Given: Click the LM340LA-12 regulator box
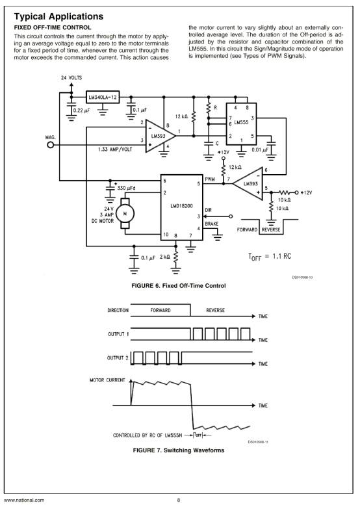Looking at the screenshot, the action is (103, 97).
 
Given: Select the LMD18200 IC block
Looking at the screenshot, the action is (181, 207).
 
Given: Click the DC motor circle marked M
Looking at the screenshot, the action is (125, 214).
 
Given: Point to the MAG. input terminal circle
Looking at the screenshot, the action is (51, 144).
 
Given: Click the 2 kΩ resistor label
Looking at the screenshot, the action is (165, 257).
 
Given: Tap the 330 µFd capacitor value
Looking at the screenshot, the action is (126, 188).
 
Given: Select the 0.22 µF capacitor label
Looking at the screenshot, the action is (81, 110).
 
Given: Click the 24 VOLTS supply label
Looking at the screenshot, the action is (71, 77).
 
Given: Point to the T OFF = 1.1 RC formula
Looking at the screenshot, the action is (270, 257).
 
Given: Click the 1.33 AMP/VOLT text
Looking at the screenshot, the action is (115, 149).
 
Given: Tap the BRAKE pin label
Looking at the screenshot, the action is (212, 224).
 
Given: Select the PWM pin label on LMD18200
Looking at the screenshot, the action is (210, 179).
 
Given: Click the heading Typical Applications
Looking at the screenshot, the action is (58, 16).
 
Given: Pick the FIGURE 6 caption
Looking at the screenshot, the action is (179, 286).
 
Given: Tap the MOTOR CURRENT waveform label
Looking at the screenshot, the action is (107, 380).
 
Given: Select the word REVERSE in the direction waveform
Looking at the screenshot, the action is (216, 310).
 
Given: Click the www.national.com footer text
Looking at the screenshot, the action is (24, 500).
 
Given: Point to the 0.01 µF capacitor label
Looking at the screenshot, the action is (260, 149).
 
